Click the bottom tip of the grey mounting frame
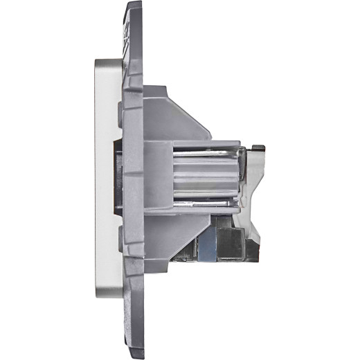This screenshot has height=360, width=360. pyautogui.click(x=134, y=354)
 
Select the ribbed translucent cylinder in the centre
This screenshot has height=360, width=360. pyautogui.click(x=204, y=178)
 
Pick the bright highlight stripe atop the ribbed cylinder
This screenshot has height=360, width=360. pyautogui.click(x=208, y=153)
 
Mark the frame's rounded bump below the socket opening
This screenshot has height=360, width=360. pyautogui.click(x=123, y=242)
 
